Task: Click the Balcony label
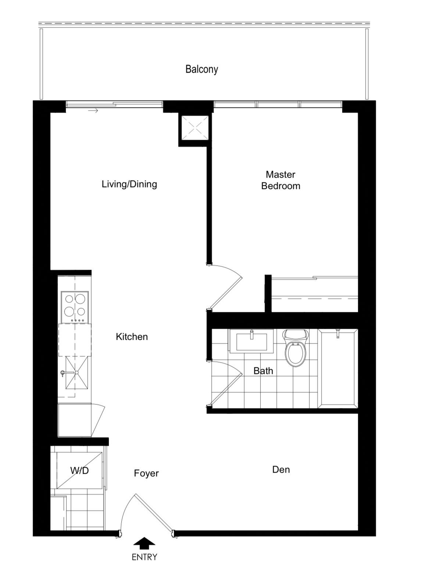(202, 69)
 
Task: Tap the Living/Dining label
(129, 184)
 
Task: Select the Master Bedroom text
(280, 180)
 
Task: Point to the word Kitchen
(132, 337)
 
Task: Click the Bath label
(263, 371)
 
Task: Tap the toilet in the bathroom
(295, 348)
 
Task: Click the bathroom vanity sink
(251, 341)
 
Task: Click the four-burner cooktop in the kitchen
(75, 307)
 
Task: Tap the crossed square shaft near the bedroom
(195, 128)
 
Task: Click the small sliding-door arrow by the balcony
(93, 111)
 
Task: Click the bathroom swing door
(226, 383)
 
